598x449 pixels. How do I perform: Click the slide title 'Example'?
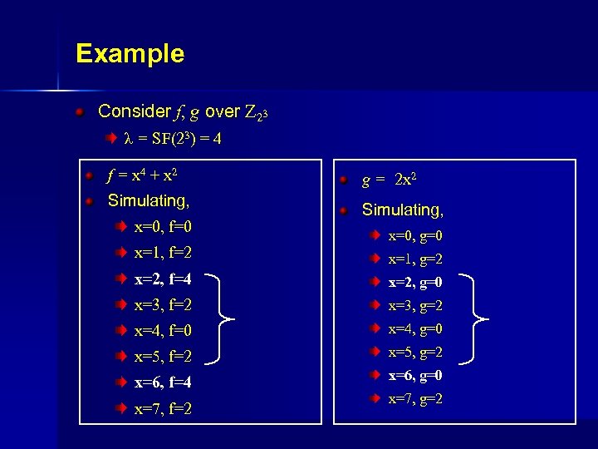(x=130, y=54)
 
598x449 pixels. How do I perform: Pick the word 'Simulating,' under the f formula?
(x=149, y=200)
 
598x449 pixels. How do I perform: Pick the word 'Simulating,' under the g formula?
(x=402, y=210)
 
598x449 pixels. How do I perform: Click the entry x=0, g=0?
(x=415, y=235)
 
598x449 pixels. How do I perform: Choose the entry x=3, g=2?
(x=415, y=305)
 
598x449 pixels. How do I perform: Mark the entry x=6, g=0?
(x=415, y=375)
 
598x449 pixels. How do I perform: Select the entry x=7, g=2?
(x=415, y=398)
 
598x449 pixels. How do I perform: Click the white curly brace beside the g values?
(x=478, y=318)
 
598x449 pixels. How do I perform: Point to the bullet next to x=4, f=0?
(x=121, y=331)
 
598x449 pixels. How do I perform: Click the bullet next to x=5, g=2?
(x=375, y=352)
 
